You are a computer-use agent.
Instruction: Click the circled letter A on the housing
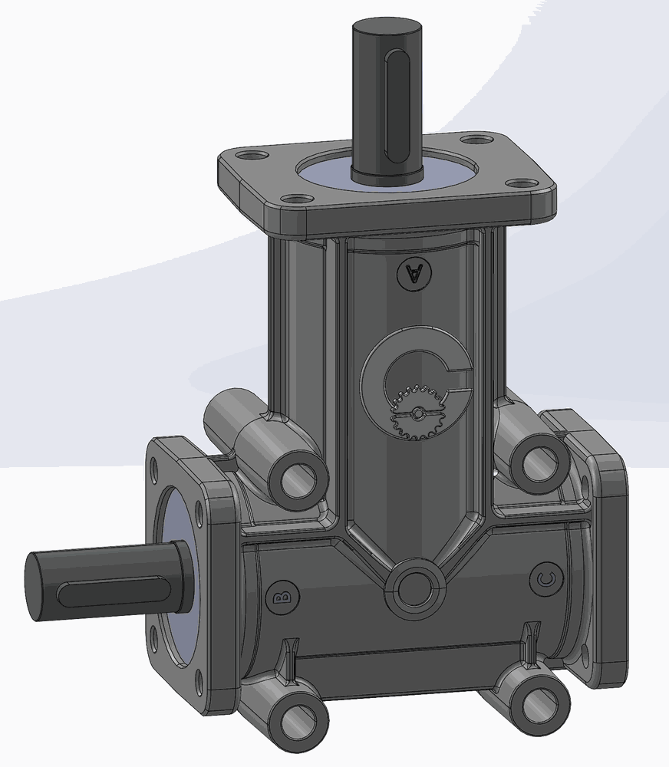point(415,274)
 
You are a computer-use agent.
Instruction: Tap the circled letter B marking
point(285,597)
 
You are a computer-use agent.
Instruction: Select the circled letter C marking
point(545,580)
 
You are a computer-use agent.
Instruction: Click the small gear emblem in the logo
point(417,413)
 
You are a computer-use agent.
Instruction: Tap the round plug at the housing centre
point(414,589)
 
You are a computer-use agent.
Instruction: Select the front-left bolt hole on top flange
point(298,199)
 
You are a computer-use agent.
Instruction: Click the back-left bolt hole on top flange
point(252,156)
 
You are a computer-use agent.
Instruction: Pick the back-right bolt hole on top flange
point(476,140)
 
